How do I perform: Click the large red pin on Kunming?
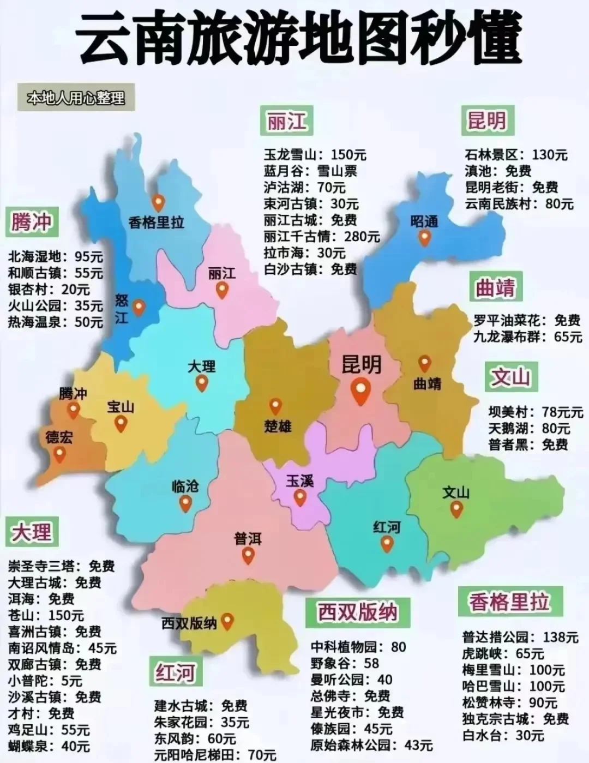tap(360, 390)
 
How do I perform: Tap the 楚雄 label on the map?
tap(278, 426)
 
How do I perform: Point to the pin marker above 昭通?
tap(424, 238)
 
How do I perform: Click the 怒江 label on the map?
tap(121, 309)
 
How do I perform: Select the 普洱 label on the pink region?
tap(248, 539)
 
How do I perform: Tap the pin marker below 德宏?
tap(59, 454)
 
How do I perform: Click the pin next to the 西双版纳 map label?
tap(227, 621)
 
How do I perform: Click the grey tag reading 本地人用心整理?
tap(76, 98)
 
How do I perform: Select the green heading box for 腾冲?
tap(31, 222)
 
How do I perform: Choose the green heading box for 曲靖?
tap(495, 288)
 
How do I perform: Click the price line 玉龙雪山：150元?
tap(315, 155)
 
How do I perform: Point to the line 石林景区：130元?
tap(516, 155)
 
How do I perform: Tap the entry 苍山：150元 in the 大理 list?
tap(46, 615)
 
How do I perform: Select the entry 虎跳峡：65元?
tap(503, 653)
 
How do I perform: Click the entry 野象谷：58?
tap(345, 663)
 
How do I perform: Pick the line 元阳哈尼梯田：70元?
tap(215, 755)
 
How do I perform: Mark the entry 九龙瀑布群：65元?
tap(527, 337)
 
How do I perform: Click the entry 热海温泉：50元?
tap(55, 322)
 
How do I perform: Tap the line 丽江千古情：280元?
tap(322, 236)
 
